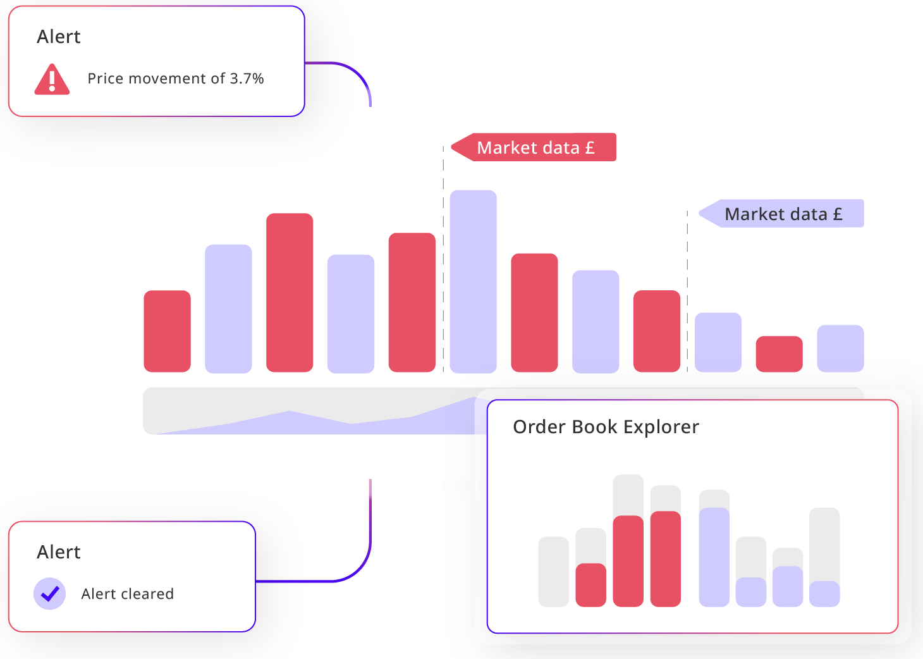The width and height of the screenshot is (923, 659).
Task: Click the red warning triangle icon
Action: click(52, 80)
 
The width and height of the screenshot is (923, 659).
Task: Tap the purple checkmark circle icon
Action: click(49, 594)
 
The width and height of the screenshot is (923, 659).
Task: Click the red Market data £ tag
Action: click(535, 147)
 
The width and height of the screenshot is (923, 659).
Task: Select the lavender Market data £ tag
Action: click(783, 214)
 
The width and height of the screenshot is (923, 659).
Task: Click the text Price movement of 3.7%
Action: click(175, 78)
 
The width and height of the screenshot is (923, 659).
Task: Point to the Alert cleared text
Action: click(127, 594)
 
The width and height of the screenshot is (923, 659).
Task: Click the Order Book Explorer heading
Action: click(606, 427)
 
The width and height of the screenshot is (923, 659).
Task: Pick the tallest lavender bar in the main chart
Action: click(473, 281)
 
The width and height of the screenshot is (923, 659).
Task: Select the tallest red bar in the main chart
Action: click(290, 292)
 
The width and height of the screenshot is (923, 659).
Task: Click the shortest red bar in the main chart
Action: click(779, 354)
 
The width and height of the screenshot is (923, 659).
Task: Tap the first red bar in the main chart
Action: click(167, 331)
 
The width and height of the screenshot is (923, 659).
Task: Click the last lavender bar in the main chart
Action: click(840, 348)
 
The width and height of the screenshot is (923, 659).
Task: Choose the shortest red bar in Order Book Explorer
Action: click(590, 585)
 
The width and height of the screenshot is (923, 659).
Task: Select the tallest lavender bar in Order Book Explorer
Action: click(714, 557)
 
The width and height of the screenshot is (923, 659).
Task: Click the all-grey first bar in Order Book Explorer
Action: click(553, 572)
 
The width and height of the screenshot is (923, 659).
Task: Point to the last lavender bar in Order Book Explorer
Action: click(824, 594)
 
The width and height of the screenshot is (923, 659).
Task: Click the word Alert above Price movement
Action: click(59, 37)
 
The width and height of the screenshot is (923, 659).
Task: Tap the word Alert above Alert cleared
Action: click(59, 552)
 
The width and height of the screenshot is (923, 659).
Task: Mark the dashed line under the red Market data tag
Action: click(443, 266)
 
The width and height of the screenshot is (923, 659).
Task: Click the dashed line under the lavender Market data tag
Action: click(687, 291)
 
